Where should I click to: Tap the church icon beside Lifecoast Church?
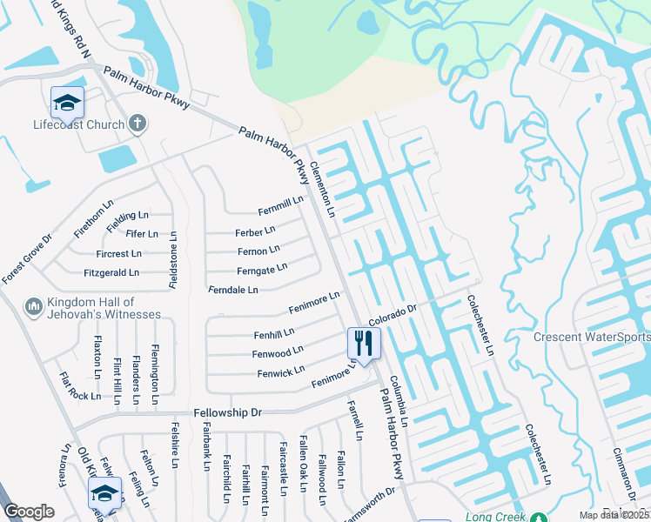point(137,124)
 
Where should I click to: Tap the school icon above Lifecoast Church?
point(67,103)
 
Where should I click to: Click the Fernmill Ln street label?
point(280,205)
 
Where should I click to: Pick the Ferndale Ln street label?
point(233,290)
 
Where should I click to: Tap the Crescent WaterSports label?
point(592,338)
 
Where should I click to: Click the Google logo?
point(29,511)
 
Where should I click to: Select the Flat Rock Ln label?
point(79,388)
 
